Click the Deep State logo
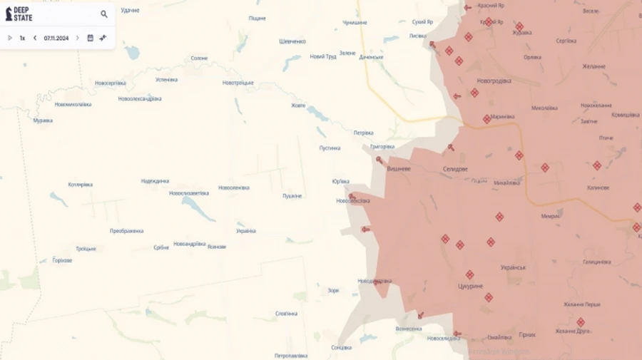(x=19, y=14)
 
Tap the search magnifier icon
(x=104, y=14)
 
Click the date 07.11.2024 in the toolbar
(x=56, y=38)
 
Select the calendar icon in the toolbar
(x=91, y=38)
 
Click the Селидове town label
(x=455, y=169)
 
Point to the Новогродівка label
(x=494, y=81)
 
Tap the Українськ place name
(x=514, y=267)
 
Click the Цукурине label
(x=470, y=286)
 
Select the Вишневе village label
(x=398, y=169)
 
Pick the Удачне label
(x=130, y=10)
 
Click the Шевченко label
(x=292, y=41)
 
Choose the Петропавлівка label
(x=291, y=355)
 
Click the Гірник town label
(x=527, y=334)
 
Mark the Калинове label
(x=598, y=187)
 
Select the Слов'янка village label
(x=286, y=313)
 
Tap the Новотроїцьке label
(x=238, y=83)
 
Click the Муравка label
(x=43, y=120)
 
